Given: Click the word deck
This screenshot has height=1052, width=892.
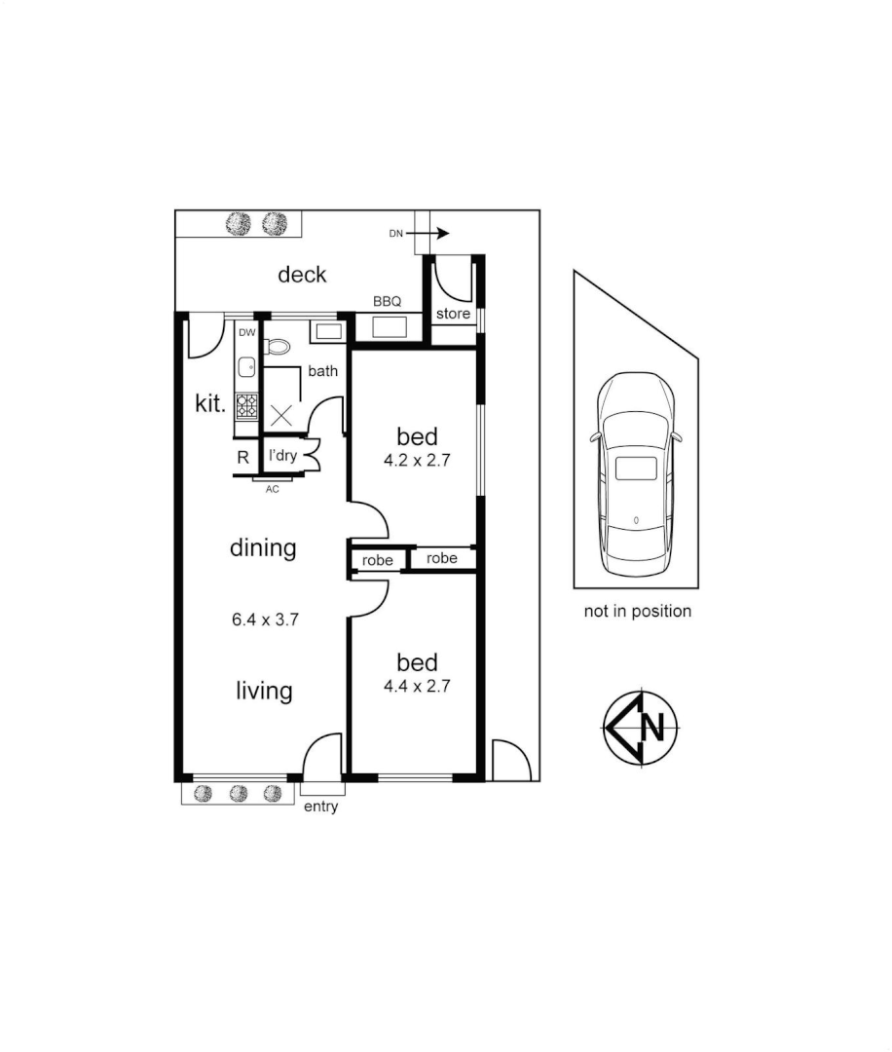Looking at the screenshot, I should (302, 275).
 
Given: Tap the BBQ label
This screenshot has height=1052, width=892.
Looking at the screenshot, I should (388, 302).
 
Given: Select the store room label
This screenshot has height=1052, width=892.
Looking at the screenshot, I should (453, 314).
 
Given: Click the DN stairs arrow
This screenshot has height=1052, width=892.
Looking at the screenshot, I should (429, 234).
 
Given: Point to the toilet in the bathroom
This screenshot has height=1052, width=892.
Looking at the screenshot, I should (278, 346).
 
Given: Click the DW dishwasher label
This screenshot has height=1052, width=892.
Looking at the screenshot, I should (247, 332).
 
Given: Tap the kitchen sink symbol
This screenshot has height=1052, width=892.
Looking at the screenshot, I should (247, 366).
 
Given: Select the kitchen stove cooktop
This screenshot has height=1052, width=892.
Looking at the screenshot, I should (247, 405).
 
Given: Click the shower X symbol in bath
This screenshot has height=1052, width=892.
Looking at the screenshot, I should (281, 414).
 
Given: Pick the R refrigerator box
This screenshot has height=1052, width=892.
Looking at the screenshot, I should (243, 456).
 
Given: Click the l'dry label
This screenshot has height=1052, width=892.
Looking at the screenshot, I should (282, 456).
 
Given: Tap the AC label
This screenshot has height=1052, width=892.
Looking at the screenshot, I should (273, 489).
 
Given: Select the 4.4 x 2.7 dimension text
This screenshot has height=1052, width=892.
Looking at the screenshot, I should (417, 686).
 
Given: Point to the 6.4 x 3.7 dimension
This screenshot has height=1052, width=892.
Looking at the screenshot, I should (263, 619).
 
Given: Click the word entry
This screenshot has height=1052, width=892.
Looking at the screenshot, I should (320, 807).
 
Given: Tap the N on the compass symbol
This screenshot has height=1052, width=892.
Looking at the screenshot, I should (653, 727).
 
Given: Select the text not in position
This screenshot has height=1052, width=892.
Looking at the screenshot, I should (637, 612).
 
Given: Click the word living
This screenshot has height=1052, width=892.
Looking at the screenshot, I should (264, 691).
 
